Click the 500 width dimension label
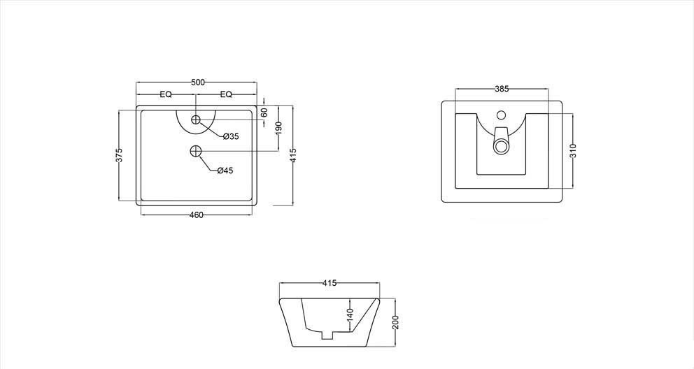(x=198, y=82)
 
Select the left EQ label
(x=166, y=94)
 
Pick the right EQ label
(x=226, y=94)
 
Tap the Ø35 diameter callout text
(x=231, y=136)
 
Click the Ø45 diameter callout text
(x=225, y=171)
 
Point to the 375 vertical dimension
(x=119, y=155)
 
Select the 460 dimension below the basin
(x=196, y=215)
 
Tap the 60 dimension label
(x=264, y=113)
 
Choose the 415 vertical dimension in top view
(x=292, y=155)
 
